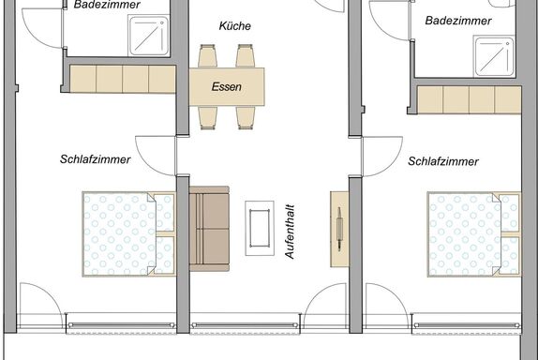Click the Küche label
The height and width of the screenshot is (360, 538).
235,25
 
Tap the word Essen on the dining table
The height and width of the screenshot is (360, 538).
227,86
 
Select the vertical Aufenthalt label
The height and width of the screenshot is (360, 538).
290,232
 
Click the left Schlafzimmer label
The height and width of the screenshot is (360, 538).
95,159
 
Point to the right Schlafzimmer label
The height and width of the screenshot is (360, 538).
443,161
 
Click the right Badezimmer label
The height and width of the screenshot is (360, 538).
458,21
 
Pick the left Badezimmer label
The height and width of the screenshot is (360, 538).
107,5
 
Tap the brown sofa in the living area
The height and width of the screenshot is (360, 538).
209,229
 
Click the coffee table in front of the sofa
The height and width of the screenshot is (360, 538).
260,228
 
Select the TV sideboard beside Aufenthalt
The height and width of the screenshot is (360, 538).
339,230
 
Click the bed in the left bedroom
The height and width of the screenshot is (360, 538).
128,234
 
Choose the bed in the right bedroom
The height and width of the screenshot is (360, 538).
474,234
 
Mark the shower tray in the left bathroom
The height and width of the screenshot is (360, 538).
149,36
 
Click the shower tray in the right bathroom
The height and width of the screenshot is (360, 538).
495,56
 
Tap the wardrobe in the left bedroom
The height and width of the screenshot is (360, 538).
123,79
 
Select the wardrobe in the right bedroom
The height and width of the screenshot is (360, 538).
469,100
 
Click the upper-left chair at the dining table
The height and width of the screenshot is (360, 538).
207,55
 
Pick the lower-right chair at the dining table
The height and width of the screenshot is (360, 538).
246,118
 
